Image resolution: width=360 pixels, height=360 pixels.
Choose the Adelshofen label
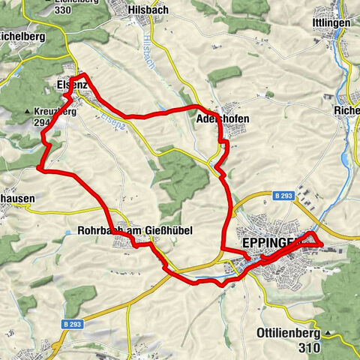click(x=222, y=118)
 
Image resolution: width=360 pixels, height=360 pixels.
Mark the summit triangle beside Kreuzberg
click(x=28, y=112)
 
